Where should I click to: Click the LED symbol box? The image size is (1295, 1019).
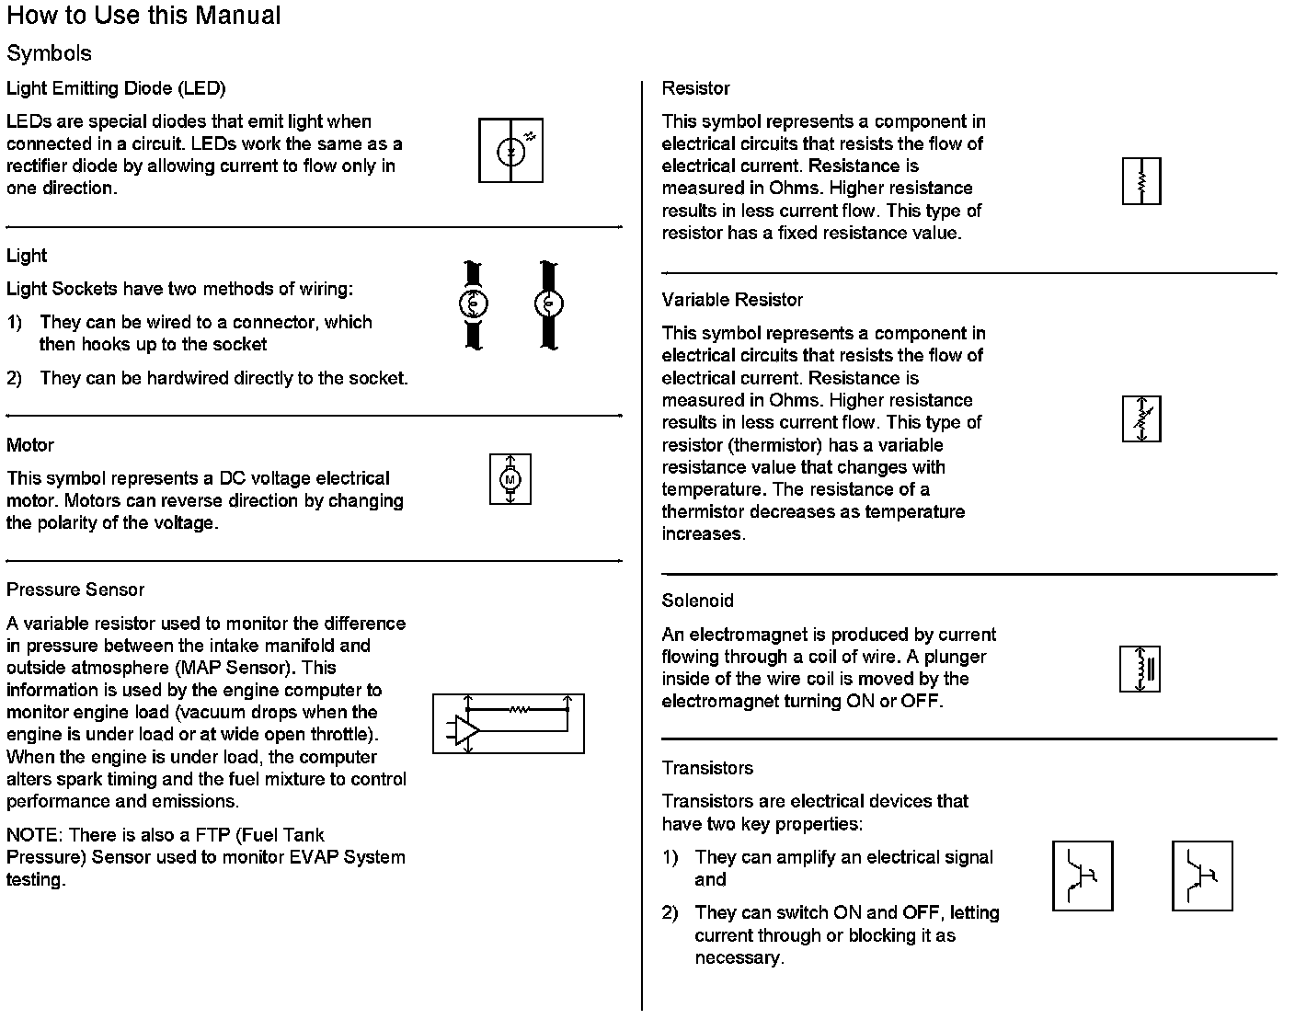510,150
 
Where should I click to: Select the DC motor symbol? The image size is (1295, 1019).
510,479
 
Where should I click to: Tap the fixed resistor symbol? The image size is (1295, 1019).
1141,181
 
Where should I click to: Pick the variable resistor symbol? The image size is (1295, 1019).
1141,418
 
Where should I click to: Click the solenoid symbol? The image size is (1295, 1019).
1140,669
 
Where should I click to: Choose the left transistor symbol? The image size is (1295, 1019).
1083,876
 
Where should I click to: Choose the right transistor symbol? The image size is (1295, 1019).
1202,876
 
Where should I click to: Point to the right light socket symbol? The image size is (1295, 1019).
549,304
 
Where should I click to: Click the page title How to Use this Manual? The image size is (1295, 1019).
143,16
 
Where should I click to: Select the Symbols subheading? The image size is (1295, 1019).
50,53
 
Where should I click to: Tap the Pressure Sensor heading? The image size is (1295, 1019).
75,590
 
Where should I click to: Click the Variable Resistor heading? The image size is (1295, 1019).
732,300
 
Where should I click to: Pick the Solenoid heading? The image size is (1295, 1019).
697,601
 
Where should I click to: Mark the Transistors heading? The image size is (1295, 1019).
707,768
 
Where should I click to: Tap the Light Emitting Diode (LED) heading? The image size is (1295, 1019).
116,88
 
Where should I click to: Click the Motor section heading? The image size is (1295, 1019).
30,445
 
